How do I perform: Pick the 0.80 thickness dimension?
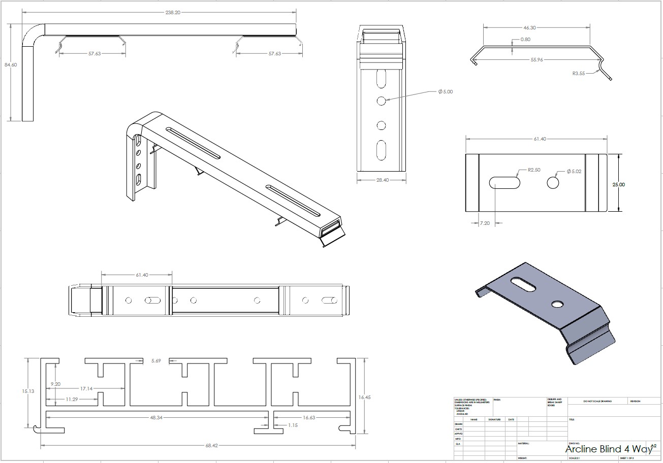(x=525, y=40)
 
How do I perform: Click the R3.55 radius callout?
(x=579, y=74)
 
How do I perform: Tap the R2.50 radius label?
(x=533, y=170)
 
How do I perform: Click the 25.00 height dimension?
(x=619, y=185)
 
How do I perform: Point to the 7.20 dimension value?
(x=485, y=223)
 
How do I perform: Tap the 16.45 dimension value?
(x=364, y=398)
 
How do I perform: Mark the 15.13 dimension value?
(x=28, y=391)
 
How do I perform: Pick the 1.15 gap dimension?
(x=294, y=425)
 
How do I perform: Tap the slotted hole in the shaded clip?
(x=522, y=284)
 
